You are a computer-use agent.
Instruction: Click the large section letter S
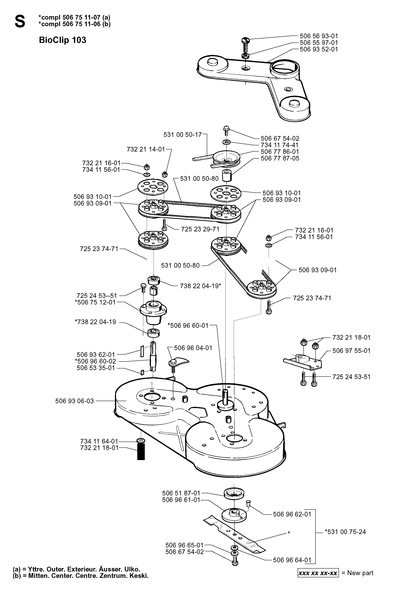20,21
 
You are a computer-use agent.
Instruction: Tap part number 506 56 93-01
319,36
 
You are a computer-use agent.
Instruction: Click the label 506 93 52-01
319,49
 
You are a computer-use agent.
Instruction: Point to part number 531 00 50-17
182,134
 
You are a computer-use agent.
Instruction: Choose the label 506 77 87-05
280,158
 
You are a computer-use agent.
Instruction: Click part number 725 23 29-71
200,229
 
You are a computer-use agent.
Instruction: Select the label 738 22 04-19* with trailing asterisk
200,286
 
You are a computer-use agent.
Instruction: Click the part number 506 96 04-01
193,348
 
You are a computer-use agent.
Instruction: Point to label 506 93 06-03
74,401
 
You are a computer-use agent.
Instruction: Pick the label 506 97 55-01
351,351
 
